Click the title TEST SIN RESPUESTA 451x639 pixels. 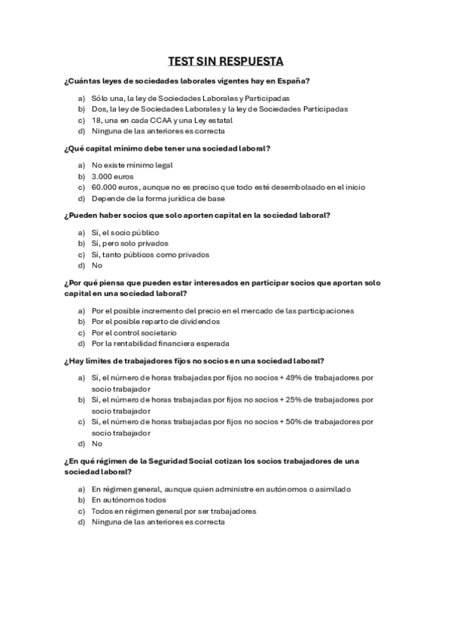coord(225,62)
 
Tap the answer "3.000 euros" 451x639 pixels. coord(112,176)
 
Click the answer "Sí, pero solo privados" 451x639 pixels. coord(130,243)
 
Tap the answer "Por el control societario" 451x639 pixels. coord(134,332)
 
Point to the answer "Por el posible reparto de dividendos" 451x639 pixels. coord(156,322)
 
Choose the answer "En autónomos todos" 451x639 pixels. coord(129,500)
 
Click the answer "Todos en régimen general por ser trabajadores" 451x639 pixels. coord(174,511)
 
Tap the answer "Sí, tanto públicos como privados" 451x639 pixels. coord(151,255)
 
